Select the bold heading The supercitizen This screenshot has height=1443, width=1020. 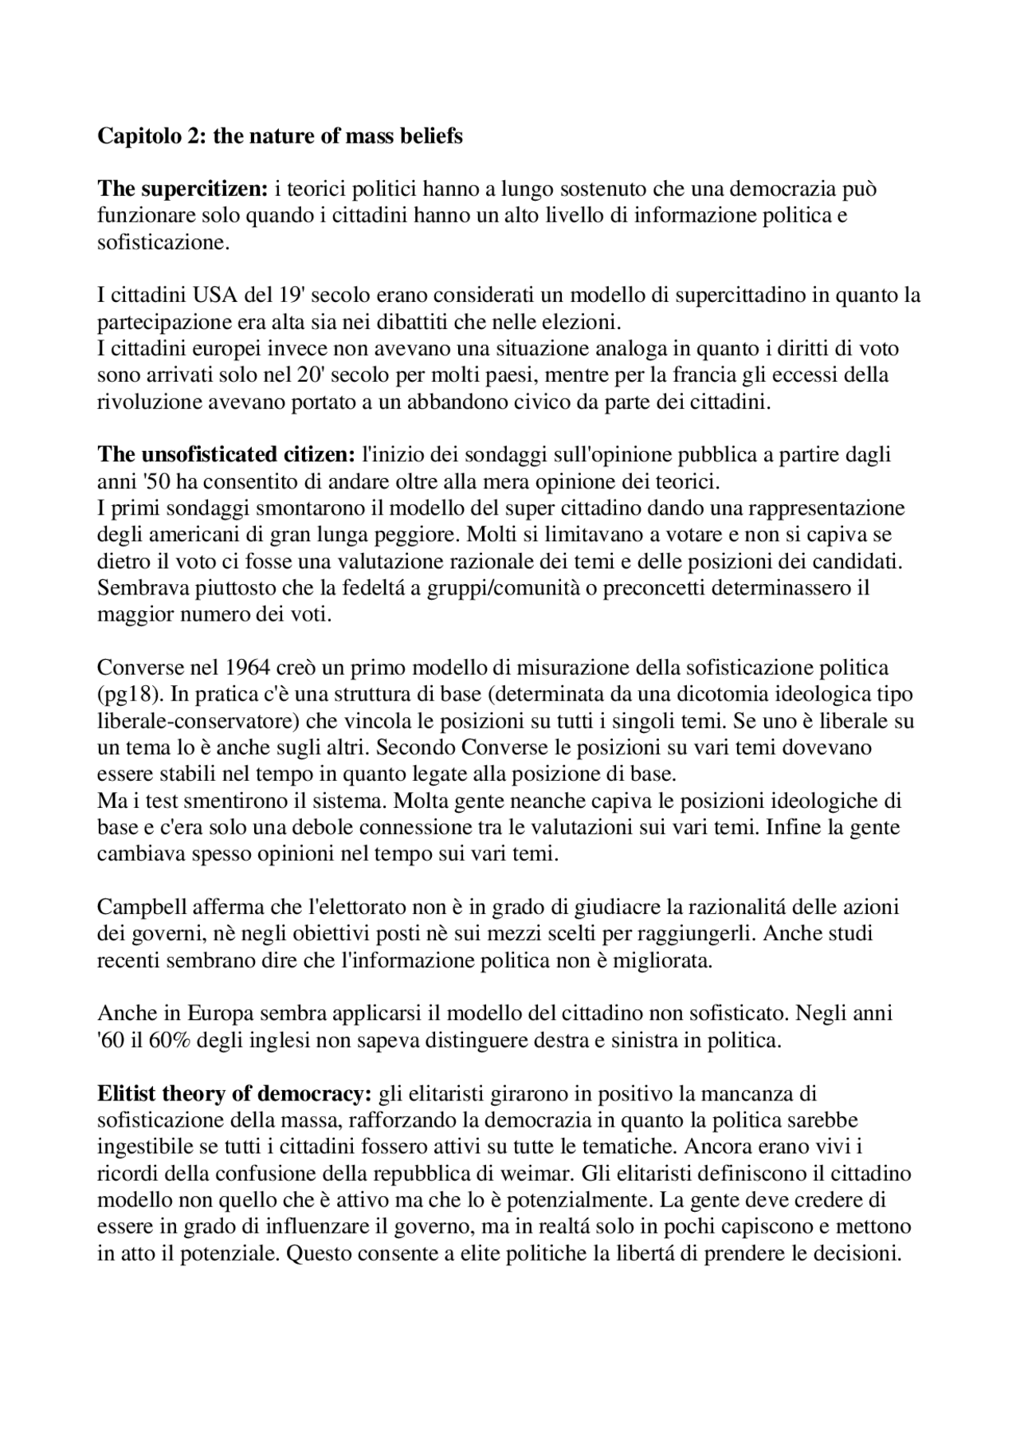(182, 190)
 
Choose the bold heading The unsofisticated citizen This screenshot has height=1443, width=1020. (226, 455)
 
